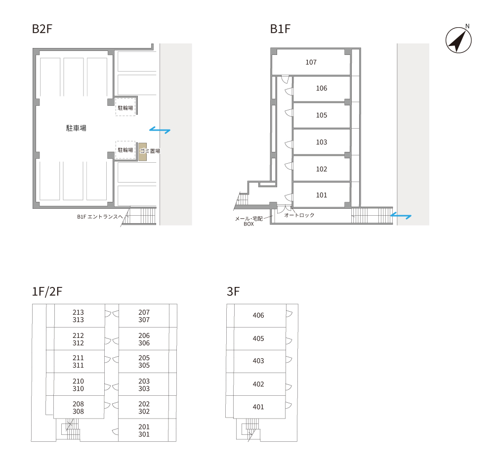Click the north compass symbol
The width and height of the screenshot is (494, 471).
[458, 40]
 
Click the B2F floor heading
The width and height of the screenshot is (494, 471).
[42, 29]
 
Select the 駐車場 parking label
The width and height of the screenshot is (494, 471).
[76, 128]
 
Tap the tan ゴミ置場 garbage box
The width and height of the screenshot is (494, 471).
[143, 152]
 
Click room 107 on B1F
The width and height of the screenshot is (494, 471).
[311, 62]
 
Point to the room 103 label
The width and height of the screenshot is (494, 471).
[322, 142]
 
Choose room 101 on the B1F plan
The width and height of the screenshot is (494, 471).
[322, 194]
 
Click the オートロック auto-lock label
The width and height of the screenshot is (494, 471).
[299, 215]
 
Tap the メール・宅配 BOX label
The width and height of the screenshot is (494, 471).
[249, 221]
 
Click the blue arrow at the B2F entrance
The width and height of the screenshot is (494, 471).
[160, 130]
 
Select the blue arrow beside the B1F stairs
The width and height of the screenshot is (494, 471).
[401, 216]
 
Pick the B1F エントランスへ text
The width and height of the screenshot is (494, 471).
[100, 217]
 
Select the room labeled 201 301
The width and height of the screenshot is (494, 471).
[144, 430]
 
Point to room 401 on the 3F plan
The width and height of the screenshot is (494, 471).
[259, 407]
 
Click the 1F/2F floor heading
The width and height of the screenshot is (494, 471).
[47, 291]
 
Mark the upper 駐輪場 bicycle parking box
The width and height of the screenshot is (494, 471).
[125, 107]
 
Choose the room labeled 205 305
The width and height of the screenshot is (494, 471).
[144, 362]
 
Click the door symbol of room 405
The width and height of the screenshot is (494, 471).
[289, 340]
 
